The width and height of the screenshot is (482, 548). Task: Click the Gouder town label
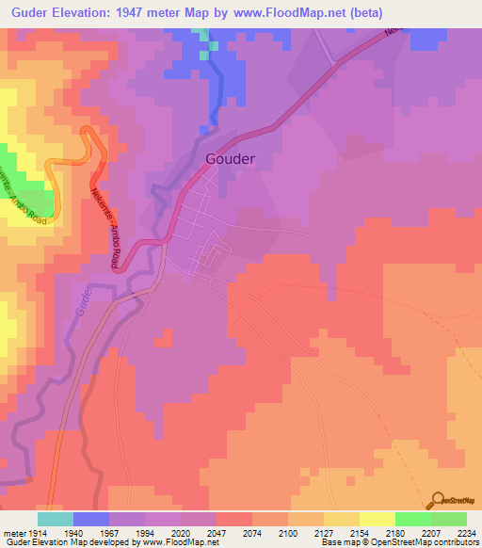(x=230, y=159)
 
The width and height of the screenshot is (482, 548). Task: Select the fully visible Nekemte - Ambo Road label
(x=104, y=226)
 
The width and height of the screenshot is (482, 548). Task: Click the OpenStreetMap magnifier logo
(x=436, y=501)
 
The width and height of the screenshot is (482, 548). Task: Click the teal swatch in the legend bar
(x=56, y=519)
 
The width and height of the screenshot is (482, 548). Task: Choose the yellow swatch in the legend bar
(x=377, y=519)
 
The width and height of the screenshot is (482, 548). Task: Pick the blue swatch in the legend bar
(x=91, y=519)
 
